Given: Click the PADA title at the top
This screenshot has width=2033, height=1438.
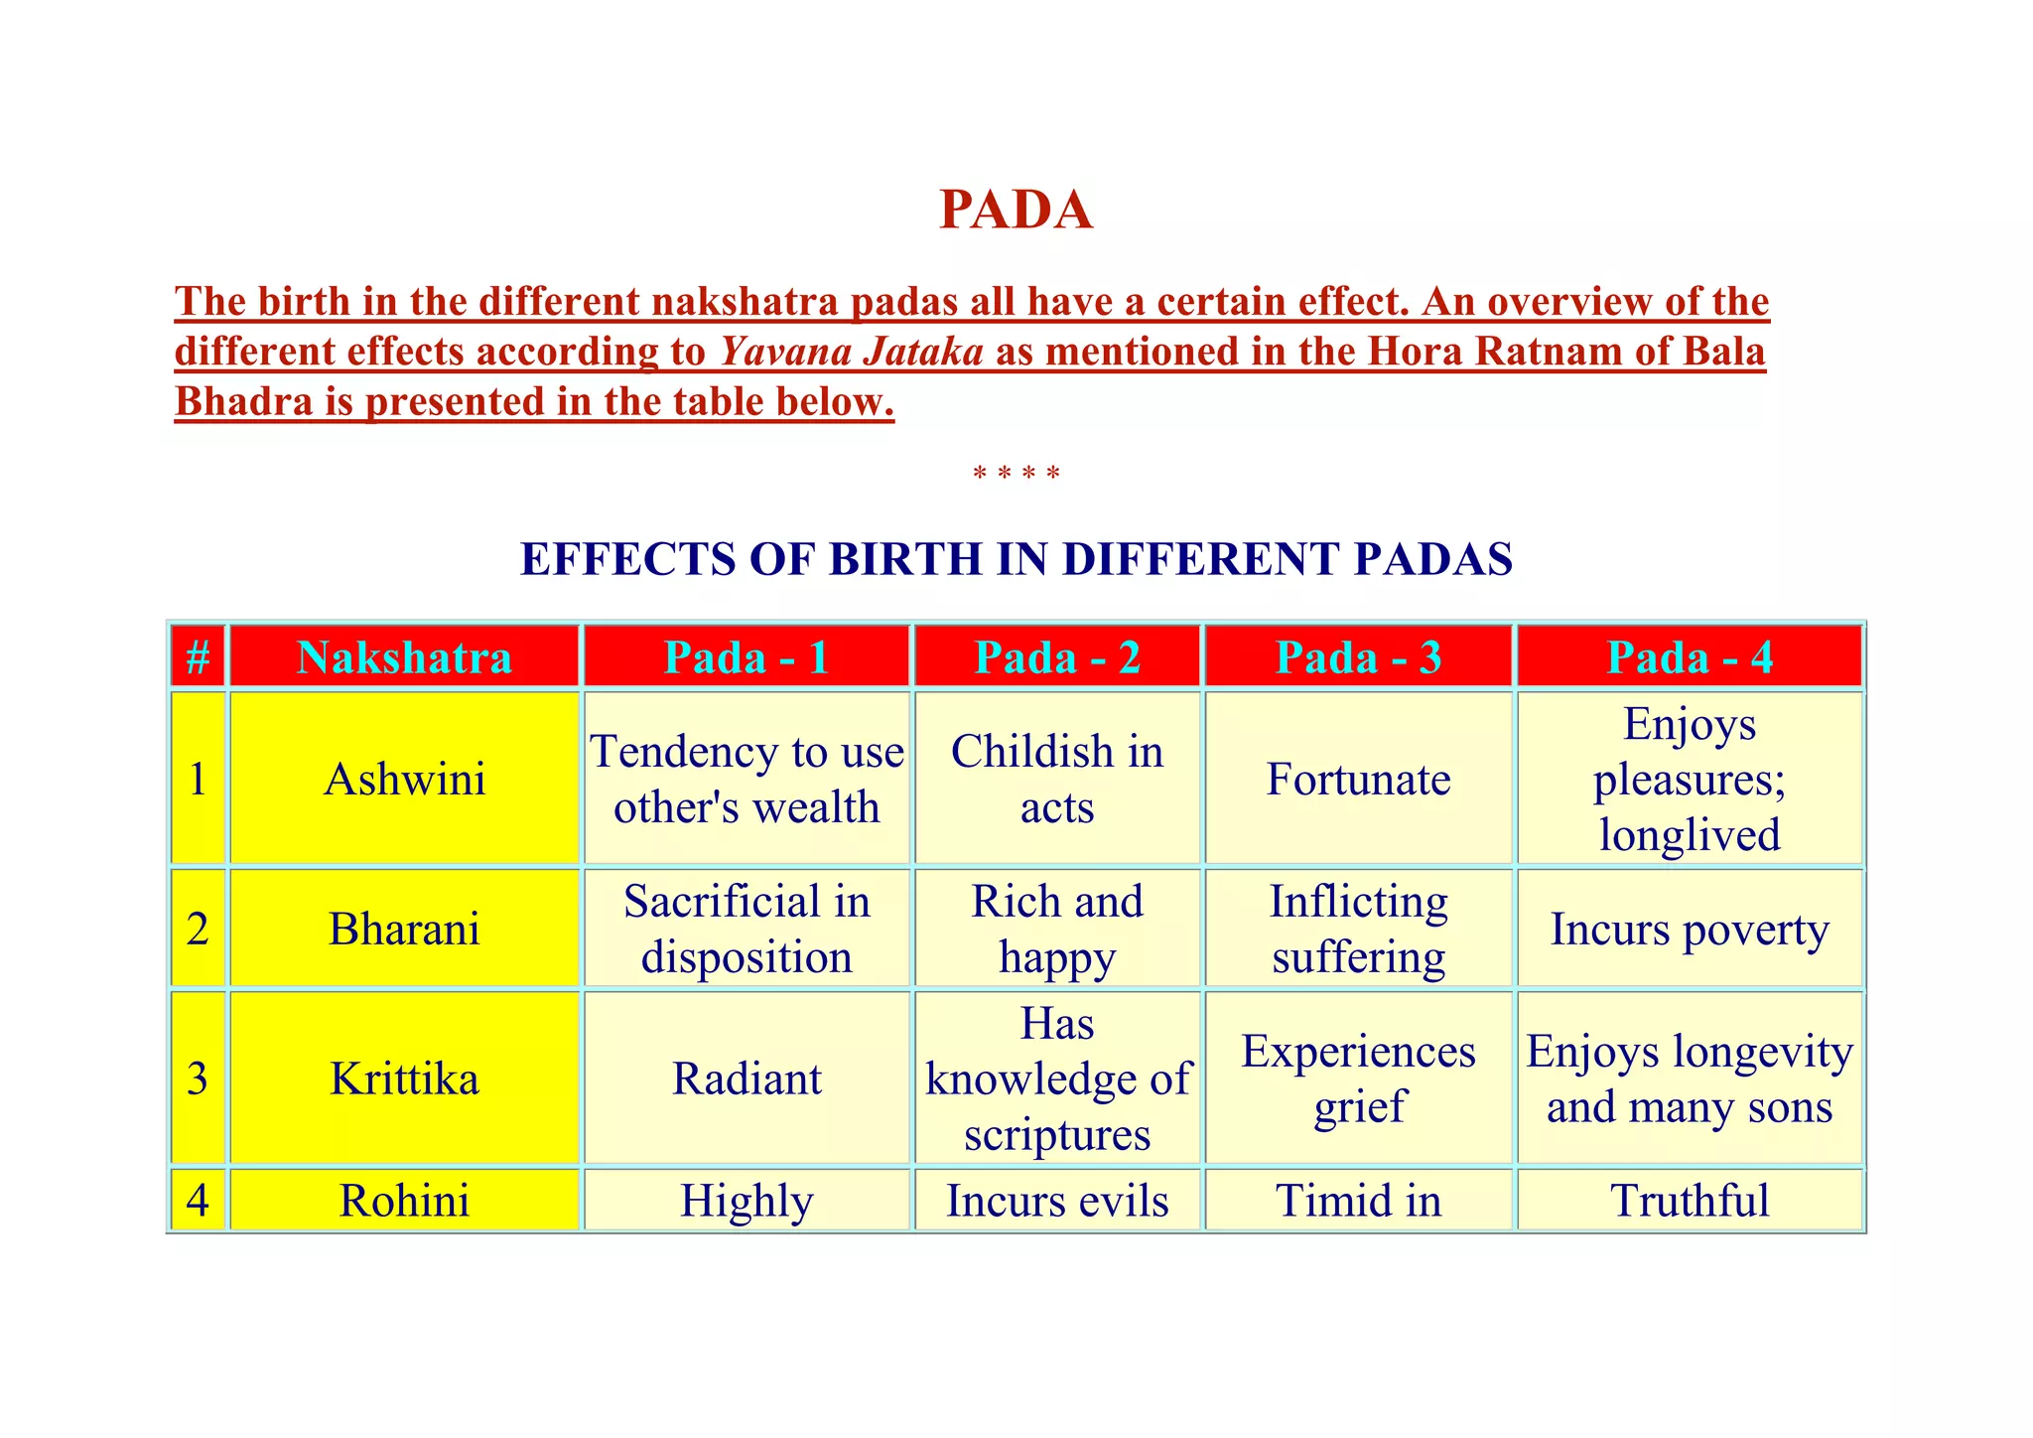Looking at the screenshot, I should pyautogui.click(x=1016, y=210).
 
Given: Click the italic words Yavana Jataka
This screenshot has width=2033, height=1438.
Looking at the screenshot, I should pyautogui.click(x=852, y=352).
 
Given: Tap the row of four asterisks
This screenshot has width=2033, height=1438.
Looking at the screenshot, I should pyautogui.click(x=1016, y=474).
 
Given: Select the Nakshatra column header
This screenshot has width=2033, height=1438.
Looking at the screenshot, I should pyautogui.click(x=404, y=657).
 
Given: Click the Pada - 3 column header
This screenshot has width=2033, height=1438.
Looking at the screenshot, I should pyautogui.click(x=1358, y=657).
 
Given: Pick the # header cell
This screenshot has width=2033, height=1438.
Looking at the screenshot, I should pyautogui.click(x=198, y=657).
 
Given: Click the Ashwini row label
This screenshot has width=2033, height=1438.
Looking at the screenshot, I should pyautogui.click(x=404, y=780).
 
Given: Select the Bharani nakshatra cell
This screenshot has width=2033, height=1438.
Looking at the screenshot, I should pyautogui.click(x=404, y=930).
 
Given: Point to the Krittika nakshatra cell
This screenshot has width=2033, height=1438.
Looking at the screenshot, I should pyautogui.click(x=404, y=1078).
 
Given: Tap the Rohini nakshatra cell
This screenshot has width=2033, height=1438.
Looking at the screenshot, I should pyautogui.click(x=404, y=1201).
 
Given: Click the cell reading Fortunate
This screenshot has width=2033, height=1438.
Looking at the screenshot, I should pyautogui.click(x=1358, y=780).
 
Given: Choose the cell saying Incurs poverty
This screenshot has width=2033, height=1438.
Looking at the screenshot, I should pyautogui.click(x=1690, y=930).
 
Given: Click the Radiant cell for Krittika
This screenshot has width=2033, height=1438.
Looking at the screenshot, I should pyautogui.click(x=746, y=1078).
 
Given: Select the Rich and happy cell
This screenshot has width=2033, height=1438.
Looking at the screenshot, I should pyautogui.click(x=1057, y=930).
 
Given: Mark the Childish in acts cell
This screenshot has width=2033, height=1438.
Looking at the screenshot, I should pyautogui.click(x=1057, y=780).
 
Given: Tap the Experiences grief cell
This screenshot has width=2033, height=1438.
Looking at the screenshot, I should pyautogui.click(x=1358, y=1078).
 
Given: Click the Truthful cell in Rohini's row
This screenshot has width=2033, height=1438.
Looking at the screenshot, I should pyautogui.click(x=1690, y=1201).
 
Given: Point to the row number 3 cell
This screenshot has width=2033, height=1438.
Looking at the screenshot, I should pyautogui.click(x=198, y=1078).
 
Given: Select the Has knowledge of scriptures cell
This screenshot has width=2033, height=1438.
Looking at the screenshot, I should pyautogui.click(x=1057, y=1078).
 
